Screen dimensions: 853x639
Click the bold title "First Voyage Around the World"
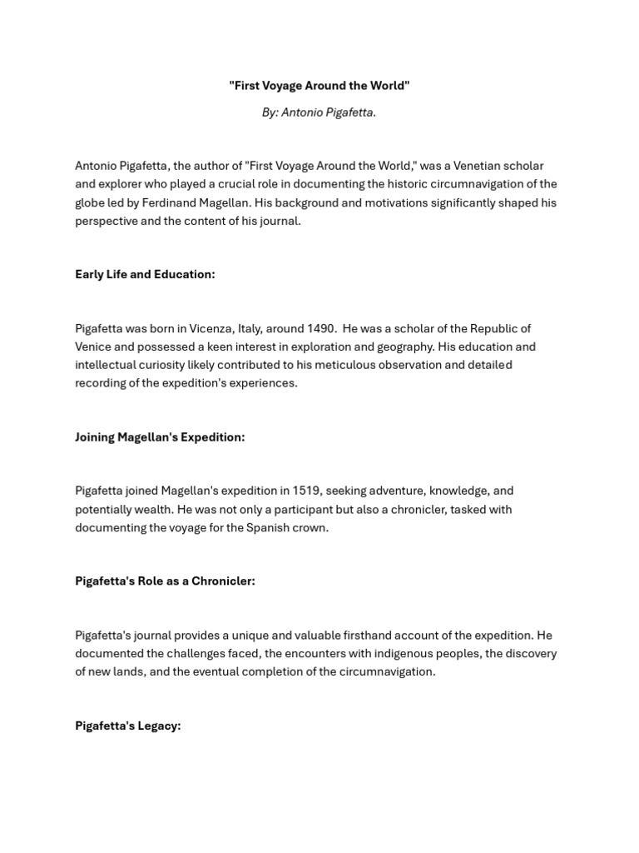319,86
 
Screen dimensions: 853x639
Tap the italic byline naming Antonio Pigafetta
319,112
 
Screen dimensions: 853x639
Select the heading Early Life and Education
145,274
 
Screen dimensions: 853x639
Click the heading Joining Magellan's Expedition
160,437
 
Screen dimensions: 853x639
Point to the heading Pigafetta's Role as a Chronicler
165,581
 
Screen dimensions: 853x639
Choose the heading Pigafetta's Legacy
127,726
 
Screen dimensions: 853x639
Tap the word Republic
494,328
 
